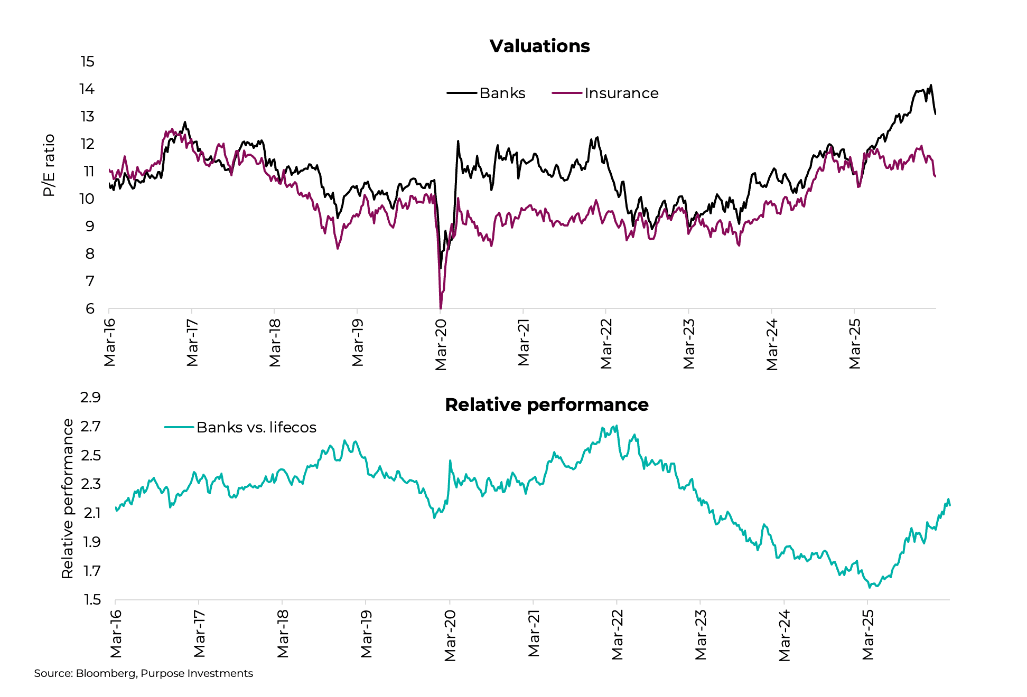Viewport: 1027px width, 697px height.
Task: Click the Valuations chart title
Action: pos(539,46)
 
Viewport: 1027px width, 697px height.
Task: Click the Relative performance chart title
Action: pos(546,404)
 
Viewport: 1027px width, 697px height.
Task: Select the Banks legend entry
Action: pos(502,93)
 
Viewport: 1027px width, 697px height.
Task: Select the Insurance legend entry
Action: pos(621,93)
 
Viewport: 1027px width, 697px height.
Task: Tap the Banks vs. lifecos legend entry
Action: pos(256,427)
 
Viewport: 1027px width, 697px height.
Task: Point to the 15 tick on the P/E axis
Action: pos(88,62)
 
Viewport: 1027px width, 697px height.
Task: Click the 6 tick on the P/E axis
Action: pos(90,308)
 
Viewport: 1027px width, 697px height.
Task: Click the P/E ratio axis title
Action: pos(49,165)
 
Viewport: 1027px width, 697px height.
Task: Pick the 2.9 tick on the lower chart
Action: pos(90,397)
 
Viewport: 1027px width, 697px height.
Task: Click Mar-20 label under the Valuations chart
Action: pos(441,345)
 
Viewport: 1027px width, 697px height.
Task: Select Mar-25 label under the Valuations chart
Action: pos(855,344)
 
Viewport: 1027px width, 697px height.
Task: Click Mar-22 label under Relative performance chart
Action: pos(618,634)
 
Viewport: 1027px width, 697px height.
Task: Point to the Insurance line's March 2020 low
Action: pos(441,307)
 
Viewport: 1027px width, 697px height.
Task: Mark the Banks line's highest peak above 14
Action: pos(931,85)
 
